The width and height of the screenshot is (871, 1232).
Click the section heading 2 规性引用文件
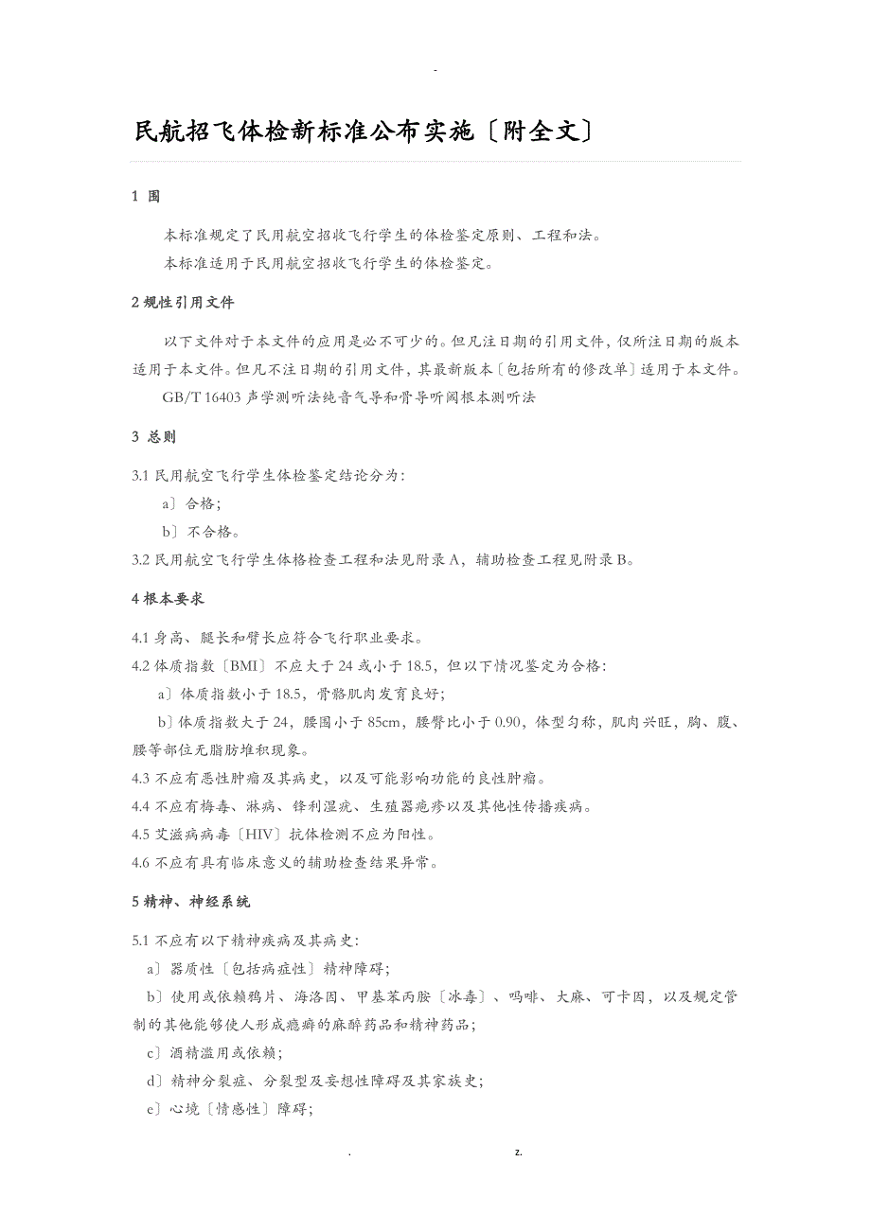[x=183, y=303]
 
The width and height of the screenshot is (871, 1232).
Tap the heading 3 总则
[x=153, y=436]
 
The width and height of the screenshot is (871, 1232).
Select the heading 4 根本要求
[x=168, y=598]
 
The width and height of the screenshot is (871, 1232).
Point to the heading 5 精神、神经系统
[x=190, y=902]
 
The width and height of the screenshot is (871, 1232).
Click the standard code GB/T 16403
[x=203, y=397]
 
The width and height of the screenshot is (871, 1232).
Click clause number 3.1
[x=141, y=475]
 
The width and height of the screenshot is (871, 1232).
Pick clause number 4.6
[x=141, y=862]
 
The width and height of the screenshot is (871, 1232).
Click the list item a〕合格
[x=191, y=503]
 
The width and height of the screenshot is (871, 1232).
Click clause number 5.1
[x=141, y=940]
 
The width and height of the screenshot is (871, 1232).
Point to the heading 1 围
[x=146, y=196]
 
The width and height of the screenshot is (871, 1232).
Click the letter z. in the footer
[x=519, y=1153]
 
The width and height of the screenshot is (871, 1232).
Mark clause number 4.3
[x=141, y=779]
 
